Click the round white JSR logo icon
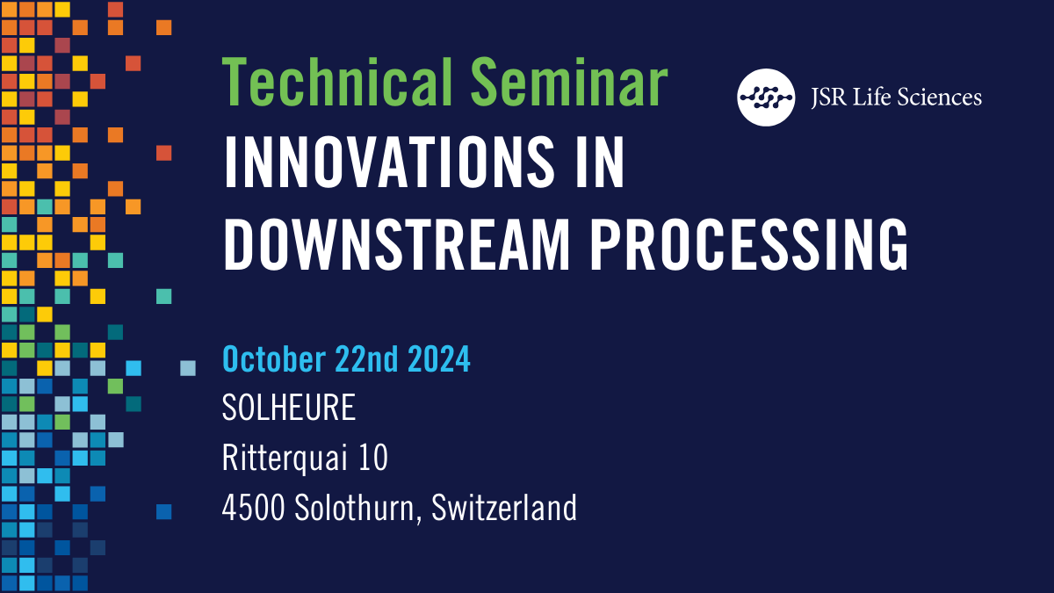pyautogui.click(x=766, y=96)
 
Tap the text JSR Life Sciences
pyautogui.click(x=896, y=97)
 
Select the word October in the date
pyautogui.click(x=273, y=360)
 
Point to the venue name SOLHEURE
pyautogui.click(x=289, y=409)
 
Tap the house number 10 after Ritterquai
pyautogui.click(x=372, y=458)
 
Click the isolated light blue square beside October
pyautogui.click(x=188, y=368)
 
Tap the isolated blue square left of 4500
pyautogui.click(x=163, y=511)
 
